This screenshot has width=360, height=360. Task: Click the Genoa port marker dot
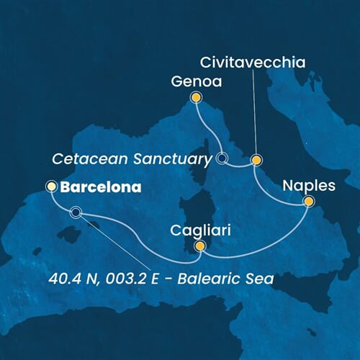click(x=194, y=96)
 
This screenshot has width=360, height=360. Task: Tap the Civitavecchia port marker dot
click(x=256, y=160)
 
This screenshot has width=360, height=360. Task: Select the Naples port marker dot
click(x=309, y=202)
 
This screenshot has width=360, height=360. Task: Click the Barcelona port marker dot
click(x=51, y=186)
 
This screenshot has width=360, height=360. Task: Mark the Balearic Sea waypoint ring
click(x=76, y=212)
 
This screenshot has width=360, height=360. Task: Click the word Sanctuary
click(x=177, y=158)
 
